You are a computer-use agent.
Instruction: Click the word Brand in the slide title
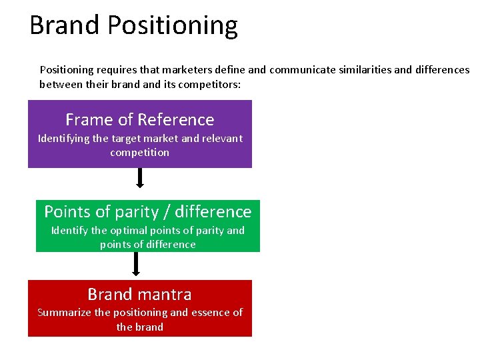click(65, 25)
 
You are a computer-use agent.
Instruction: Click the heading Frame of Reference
click(140, 120)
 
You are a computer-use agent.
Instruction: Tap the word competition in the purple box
click(140, 153)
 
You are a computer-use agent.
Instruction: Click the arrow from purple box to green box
click(140, 178)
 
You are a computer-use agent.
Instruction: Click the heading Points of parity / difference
click(148, 212)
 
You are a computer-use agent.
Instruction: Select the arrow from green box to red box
click(136, 263)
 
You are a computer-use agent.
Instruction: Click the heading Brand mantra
click(140, 295)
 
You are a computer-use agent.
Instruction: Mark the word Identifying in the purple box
click(64, 139)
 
